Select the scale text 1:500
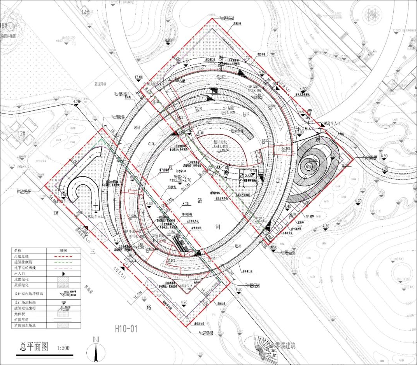pos(63,348)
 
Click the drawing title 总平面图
pos(34,347)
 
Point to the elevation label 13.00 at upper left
pos(138,77)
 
